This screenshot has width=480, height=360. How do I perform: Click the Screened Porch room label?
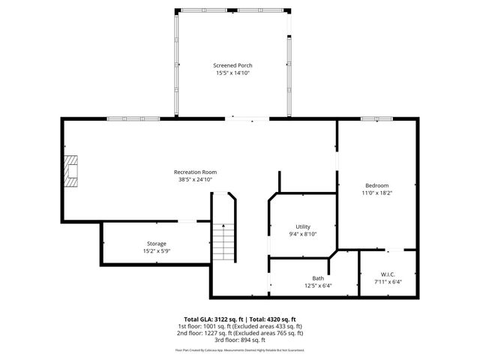[232, 66]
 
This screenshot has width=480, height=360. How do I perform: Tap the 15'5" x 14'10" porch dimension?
[232, 73]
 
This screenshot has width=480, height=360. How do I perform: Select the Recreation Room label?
[195, 172]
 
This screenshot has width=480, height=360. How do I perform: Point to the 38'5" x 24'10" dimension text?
[195, 180]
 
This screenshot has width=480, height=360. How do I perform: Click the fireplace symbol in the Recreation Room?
[71, 170]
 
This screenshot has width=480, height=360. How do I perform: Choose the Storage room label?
[156, 244]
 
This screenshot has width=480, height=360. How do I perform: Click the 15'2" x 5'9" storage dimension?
[156, 251]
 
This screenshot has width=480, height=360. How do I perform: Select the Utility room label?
[303, 226]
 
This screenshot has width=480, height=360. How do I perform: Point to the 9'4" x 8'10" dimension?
[303, 234]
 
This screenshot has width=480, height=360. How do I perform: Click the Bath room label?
[319, 278]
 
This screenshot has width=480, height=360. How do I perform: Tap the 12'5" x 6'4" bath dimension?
[319, 286]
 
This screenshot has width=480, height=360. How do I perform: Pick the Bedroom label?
[376, 185]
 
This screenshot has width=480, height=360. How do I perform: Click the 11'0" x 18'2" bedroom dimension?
[376, 193]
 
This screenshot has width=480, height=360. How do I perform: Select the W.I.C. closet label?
[388, 274]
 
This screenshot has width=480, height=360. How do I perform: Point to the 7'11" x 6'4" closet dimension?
[388, 282]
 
